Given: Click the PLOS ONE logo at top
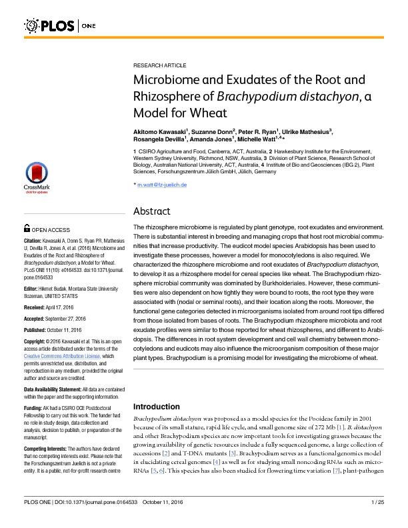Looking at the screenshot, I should coord(60,26).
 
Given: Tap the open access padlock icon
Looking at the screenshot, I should coord(27,228).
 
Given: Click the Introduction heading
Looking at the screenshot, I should coord(159,406).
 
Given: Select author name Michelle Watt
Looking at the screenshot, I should coord(260,141).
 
